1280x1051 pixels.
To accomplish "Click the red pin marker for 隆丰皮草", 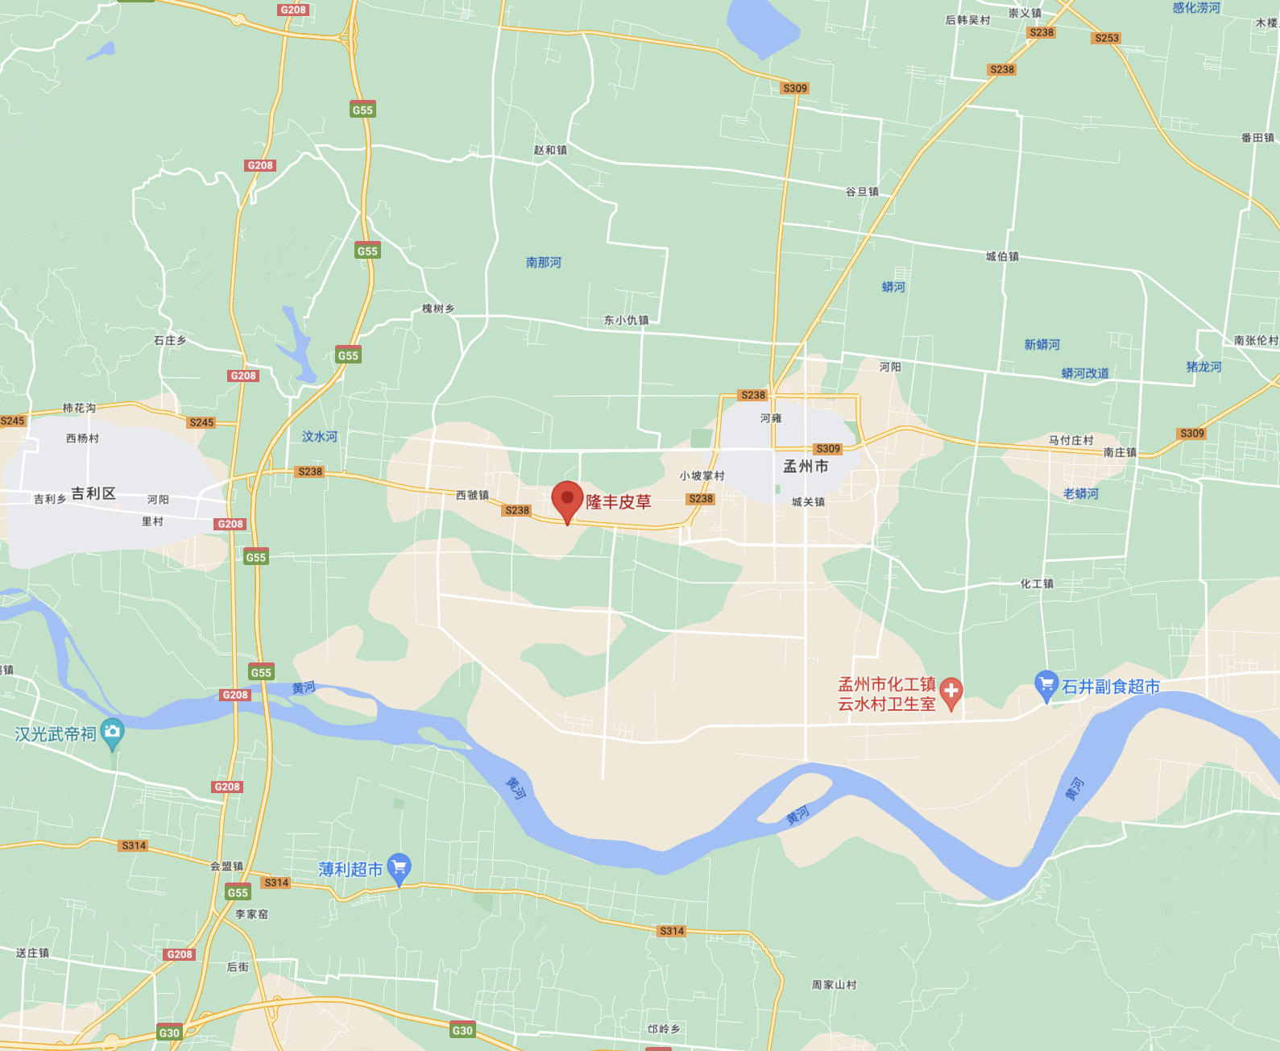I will (567, 501).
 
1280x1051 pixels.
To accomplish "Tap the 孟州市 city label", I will (806, 467).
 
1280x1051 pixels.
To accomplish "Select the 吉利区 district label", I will (93, 494).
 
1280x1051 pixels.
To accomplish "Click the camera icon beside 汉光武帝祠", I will (113, 732).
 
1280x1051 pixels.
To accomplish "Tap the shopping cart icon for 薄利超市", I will (400, 868).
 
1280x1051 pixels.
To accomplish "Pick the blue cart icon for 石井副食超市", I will (1046, 685).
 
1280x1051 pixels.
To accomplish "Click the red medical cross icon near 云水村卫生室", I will (951, 691).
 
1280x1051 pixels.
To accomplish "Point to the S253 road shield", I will (1107, 38).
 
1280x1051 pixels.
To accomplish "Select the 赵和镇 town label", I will (550, 151).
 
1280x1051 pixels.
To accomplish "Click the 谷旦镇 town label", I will (862, 192).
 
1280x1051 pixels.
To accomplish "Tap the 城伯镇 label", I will (1002, 256).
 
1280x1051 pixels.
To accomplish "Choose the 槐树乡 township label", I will (438, 309).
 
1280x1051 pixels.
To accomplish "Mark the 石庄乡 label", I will (170, 341).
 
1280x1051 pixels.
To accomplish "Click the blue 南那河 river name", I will (544, 263).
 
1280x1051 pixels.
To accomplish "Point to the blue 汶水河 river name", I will (320, 437).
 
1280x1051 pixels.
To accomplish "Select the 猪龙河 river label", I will (1203, 367).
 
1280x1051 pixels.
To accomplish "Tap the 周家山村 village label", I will (834, 985).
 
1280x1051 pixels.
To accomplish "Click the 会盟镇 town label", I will (226, 866).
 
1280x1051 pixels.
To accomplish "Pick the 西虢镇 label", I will (472, 495).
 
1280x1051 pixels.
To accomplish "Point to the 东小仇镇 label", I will (627, 320).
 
